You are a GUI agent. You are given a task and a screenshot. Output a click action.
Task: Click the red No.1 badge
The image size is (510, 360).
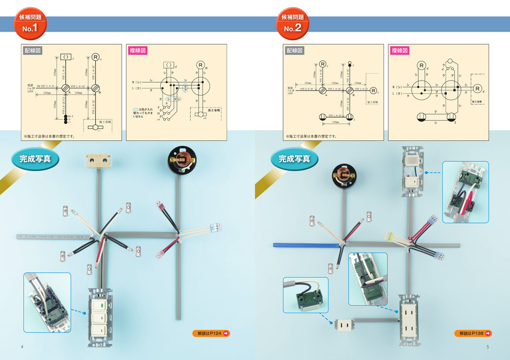pyautogui.click(x=31, y=23)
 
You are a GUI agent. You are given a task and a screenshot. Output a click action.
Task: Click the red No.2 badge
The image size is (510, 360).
pyautogui.click(x=293, y=23)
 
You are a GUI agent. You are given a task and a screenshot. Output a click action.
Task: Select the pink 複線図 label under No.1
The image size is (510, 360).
pyautogui.click(x=138, y=50)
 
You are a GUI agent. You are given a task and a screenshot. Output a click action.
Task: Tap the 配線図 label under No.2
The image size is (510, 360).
pyautogui.click(x=295, y=50)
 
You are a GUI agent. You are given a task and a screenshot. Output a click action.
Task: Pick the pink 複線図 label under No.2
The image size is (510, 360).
pyautogui.click(x=400, y=50)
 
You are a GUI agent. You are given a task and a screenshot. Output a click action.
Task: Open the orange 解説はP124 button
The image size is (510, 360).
pyautogui.click(x=211, y=333)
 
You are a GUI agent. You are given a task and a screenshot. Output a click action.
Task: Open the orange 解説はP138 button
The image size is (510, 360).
pyautogui.click(x=473, y=333)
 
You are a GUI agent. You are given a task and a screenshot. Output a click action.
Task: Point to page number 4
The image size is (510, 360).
pyautogui.click(x=22, y=347)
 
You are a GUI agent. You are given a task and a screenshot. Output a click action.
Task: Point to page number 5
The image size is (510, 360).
pyautogui.click(x=488, y=347)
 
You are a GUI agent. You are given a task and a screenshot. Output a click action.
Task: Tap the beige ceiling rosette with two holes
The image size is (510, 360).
pyautogui.click(x=97, y=160)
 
